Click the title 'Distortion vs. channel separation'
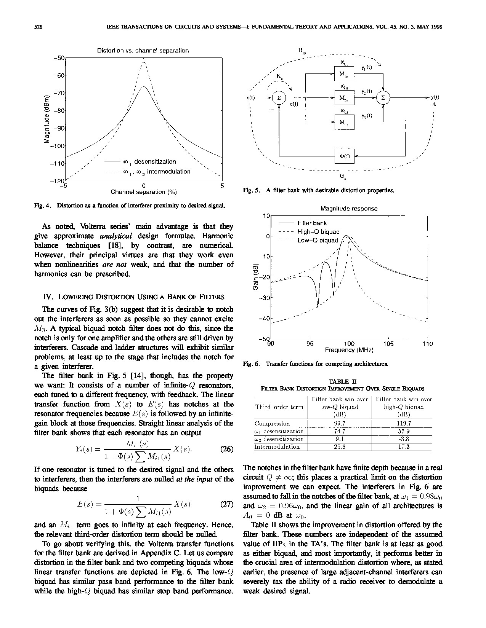[x=143, y=50]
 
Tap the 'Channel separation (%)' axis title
[x=144, y=192]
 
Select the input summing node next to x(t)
[x=279, y=98]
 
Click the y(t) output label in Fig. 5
[x=435, y=97]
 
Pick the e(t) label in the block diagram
[x=294, y=104]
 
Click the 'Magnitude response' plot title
[x=349, y=209]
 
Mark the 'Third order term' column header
[x=279, y=407]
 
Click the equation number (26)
[x=227, y=449]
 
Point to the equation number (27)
[x=227, y=505]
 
